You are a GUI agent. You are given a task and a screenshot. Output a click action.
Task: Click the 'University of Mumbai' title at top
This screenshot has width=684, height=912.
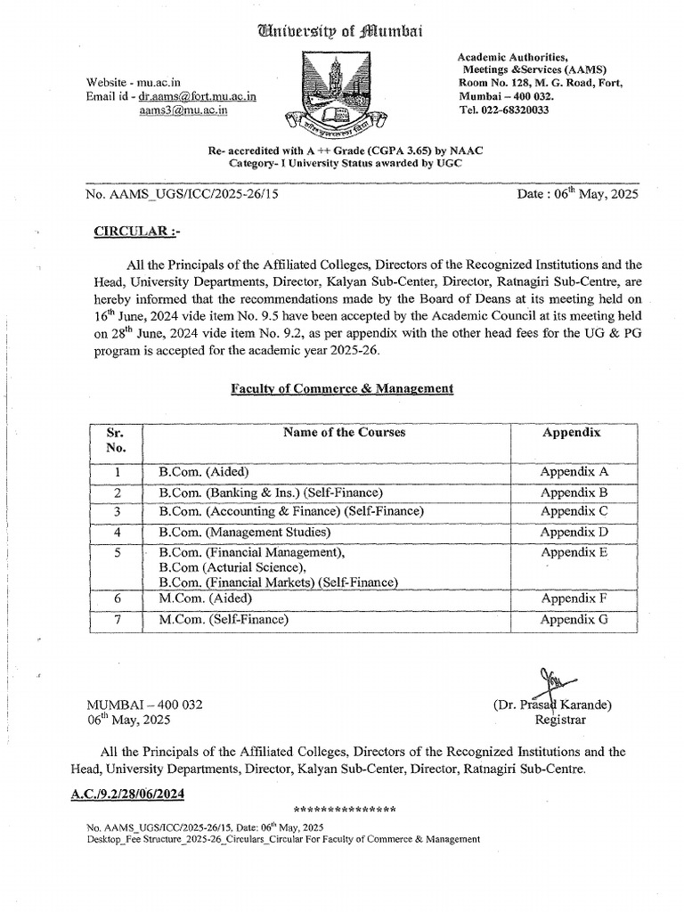[341, 31]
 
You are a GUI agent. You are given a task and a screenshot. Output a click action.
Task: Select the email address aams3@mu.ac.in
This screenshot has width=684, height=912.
[183, 110]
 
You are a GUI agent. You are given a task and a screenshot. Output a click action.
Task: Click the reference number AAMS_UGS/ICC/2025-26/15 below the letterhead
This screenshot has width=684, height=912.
[183, 198]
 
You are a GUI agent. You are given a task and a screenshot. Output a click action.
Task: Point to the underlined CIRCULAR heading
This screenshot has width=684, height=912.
[137, 232]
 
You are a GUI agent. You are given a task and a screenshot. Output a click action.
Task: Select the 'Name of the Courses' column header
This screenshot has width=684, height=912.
[344, 433]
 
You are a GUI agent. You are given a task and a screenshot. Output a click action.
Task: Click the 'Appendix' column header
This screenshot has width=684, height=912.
[572, 433]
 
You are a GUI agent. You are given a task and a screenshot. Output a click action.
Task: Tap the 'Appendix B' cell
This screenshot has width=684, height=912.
[574, 493]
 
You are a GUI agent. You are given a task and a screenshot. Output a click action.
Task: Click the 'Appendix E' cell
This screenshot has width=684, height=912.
[574, 552]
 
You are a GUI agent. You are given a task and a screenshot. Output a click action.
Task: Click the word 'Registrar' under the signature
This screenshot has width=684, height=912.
[559, 720]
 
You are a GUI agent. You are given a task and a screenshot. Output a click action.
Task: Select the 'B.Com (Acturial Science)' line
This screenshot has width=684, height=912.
[232, 567]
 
